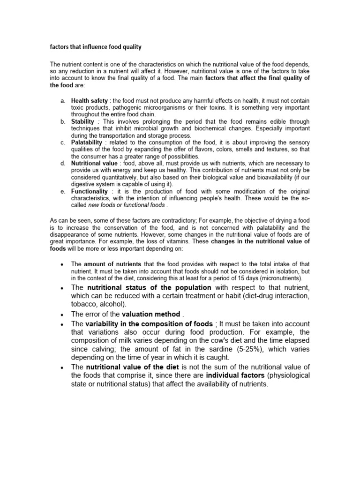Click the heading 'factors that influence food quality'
[96, 47]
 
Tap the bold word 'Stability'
[82, 121]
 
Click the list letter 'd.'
[63, 163]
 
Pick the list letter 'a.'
[63, 101]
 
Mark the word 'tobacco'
[84, 303]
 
